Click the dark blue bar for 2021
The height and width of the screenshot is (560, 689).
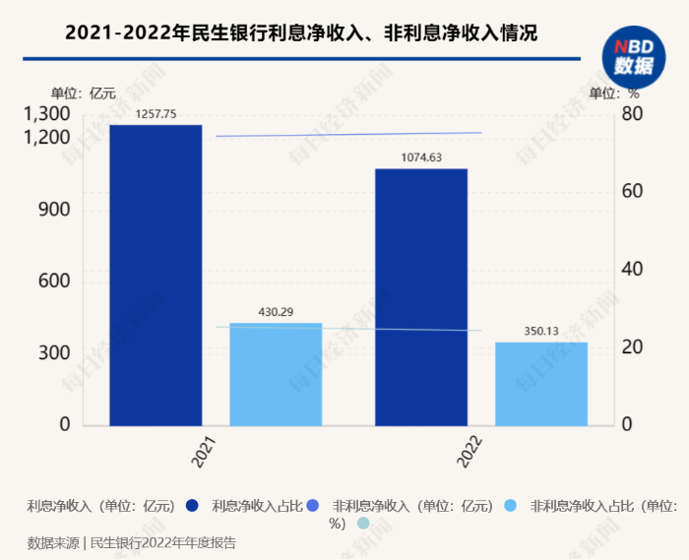pyautogui.click(x=156, y=276)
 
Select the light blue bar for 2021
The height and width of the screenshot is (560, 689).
pyautogui.click(x=276, y=374)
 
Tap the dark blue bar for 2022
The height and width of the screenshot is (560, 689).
pyautogui.click(x=421, y=297)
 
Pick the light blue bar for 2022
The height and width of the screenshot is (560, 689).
pyautogui.click(x=541, y=384)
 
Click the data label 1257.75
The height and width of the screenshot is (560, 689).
pyautogui.click(x=156, y=114)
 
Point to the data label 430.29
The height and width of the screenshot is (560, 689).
pyautogui.click(x=276, y=312)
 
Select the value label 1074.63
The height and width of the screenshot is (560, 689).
pyautogui.click(x=421, y=157)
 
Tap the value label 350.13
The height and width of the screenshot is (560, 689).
pyautogui.click(x=541, y=331)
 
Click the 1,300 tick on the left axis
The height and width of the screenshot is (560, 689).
pyautogui.click(x=46, y=114)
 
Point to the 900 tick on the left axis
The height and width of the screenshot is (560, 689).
pyautogui.click(x=54, y=210)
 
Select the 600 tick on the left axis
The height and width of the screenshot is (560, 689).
pyautogui.click(x=54, y=281)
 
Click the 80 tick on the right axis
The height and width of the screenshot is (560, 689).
pyautogui.click(x=632, y=114)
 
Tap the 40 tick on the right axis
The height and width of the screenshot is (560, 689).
pyautogui.click(x=632, y=269)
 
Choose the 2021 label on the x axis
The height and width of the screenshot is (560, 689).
pyautogui.click(x=204, y=452)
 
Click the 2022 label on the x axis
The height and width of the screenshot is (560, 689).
pyautogui.click(x=470, y=452)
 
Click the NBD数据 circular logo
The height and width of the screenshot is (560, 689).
pyautogui.click(x=634, y=57)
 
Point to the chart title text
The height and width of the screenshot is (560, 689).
pyautogui.click(x=301, y=32)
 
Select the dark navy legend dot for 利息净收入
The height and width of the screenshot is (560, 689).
pyautogui.click(x=192, y=506)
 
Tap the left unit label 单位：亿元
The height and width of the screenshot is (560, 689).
pyautogui.click(x=84, y=93)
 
